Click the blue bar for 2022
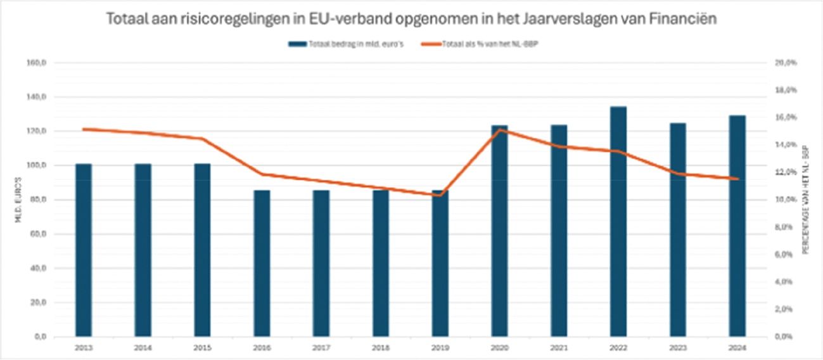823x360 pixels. (618, 222)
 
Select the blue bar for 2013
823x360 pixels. (84, 250)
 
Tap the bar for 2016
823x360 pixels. (262, 263)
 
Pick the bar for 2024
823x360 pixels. (737, 226)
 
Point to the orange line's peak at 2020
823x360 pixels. (500, 130)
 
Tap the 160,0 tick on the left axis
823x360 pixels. (39, 63)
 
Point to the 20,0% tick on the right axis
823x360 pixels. (784, 63)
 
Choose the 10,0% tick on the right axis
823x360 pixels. (784, 200)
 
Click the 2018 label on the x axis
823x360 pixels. (380, 347)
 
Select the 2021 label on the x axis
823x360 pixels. (559, 347)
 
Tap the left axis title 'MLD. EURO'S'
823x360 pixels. (18, 200)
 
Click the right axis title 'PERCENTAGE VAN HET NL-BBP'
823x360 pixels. (806, 200)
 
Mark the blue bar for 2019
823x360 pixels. (440, 266)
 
